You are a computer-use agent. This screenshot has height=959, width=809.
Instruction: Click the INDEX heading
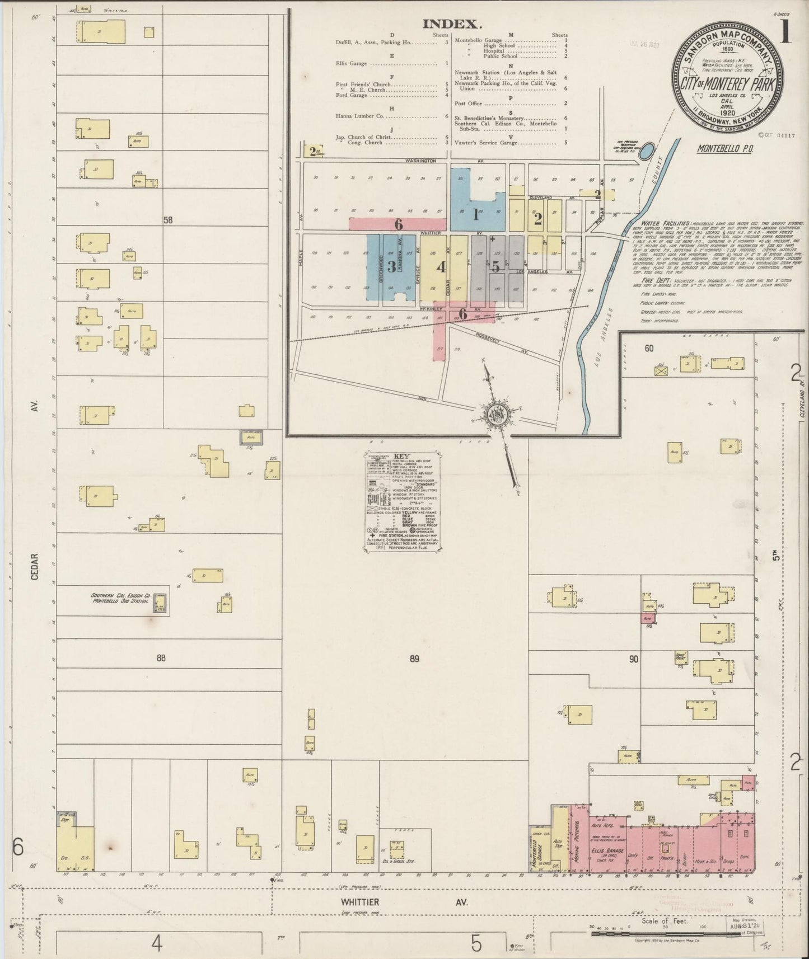tap(452, 23)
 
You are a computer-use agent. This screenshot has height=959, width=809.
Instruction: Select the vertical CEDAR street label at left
tap(35, 566)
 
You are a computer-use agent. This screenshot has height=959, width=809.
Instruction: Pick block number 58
tap(168, 220)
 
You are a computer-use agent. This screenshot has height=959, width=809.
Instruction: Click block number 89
tap(414, 659)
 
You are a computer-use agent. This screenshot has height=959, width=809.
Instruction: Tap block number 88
tap(161, 658)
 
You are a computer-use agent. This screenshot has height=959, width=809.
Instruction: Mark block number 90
tap(633, 659)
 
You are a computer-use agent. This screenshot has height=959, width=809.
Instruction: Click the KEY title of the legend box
tap(402, 455)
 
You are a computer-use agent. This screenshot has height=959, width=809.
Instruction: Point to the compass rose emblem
tap(496, 414)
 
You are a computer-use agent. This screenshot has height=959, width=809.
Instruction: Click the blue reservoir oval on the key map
tap(647, 150)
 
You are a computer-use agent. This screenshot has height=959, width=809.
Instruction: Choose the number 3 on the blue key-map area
tap(391, 266)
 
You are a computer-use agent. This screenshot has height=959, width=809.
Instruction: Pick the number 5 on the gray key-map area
tap(495, 266)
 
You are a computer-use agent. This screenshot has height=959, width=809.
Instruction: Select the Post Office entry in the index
tap(469, 104)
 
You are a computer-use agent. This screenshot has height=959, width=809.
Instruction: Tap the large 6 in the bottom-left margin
tap(18, 848)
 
